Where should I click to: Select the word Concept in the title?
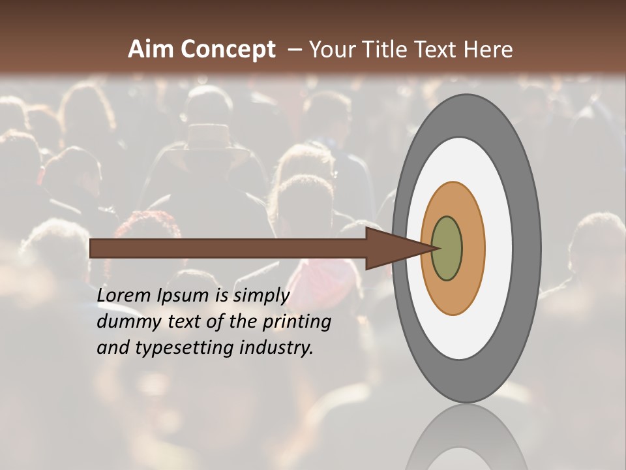[228, 50]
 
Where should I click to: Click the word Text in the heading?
[440, 50]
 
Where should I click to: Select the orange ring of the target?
[473, 249]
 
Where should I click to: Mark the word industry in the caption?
[276, 349]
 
